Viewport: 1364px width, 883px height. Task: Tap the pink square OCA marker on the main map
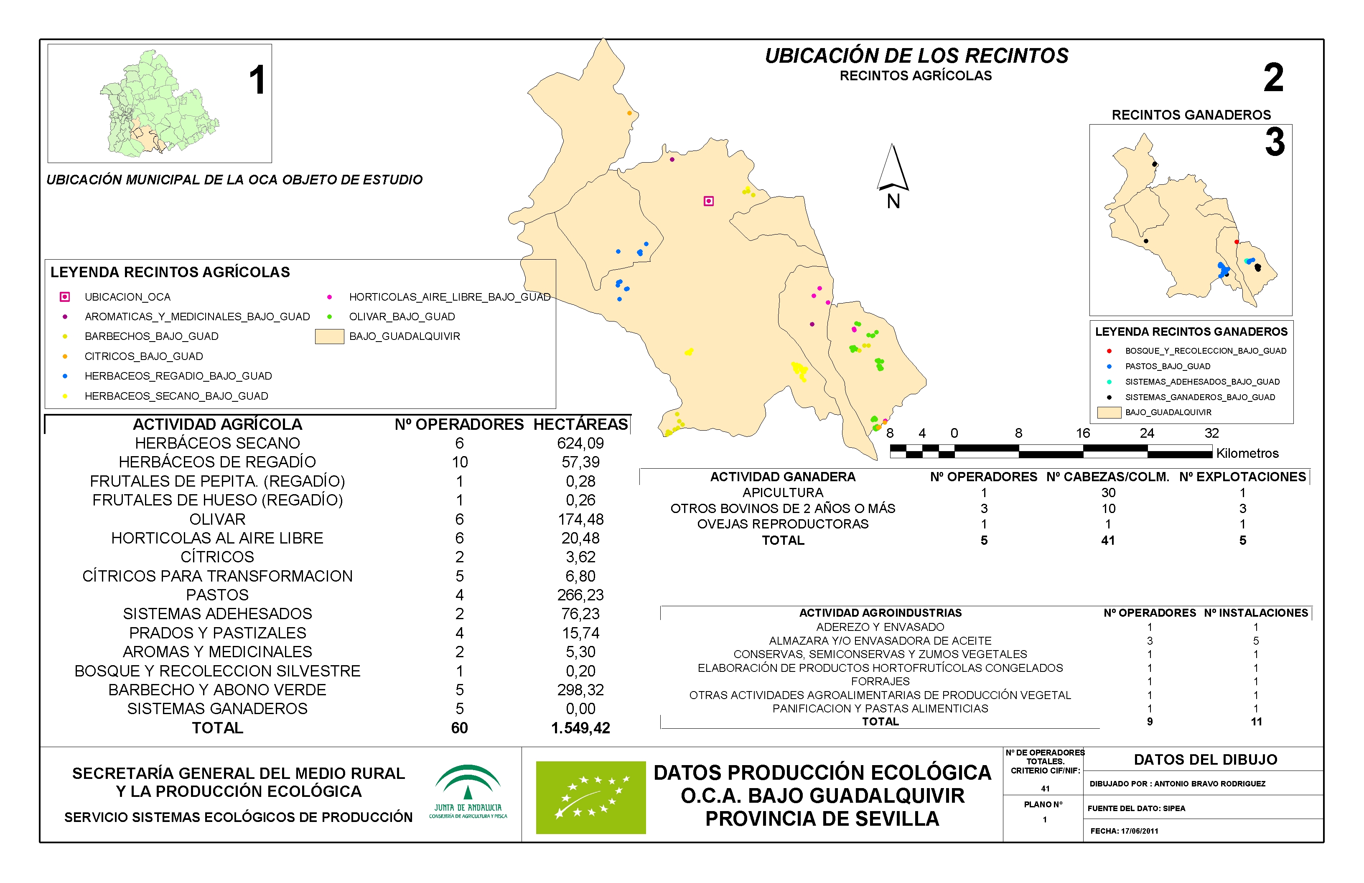708,201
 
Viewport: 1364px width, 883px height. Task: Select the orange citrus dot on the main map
629,113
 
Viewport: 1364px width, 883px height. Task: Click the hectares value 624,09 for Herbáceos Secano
580,443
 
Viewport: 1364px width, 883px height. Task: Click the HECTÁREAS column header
580,424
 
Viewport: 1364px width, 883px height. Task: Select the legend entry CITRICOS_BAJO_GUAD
143,356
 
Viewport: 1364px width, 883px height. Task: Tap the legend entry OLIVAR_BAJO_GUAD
402,316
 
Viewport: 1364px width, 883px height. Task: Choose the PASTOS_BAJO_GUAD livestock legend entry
1168,366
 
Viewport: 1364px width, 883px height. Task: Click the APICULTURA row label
782,493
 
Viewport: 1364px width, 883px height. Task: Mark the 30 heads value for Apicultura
1108,493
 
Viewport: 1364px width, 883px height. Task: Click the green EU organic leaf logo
590,797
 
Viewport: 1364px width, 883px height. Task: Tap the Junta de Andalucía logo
468,792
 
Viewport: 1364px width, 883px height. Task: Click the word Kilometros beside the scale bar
1247,454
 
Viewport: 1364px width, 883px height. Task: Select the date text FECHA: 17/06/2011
1124,831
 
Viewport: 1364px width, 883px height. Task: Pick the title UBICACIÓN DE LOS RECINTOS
916,56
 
